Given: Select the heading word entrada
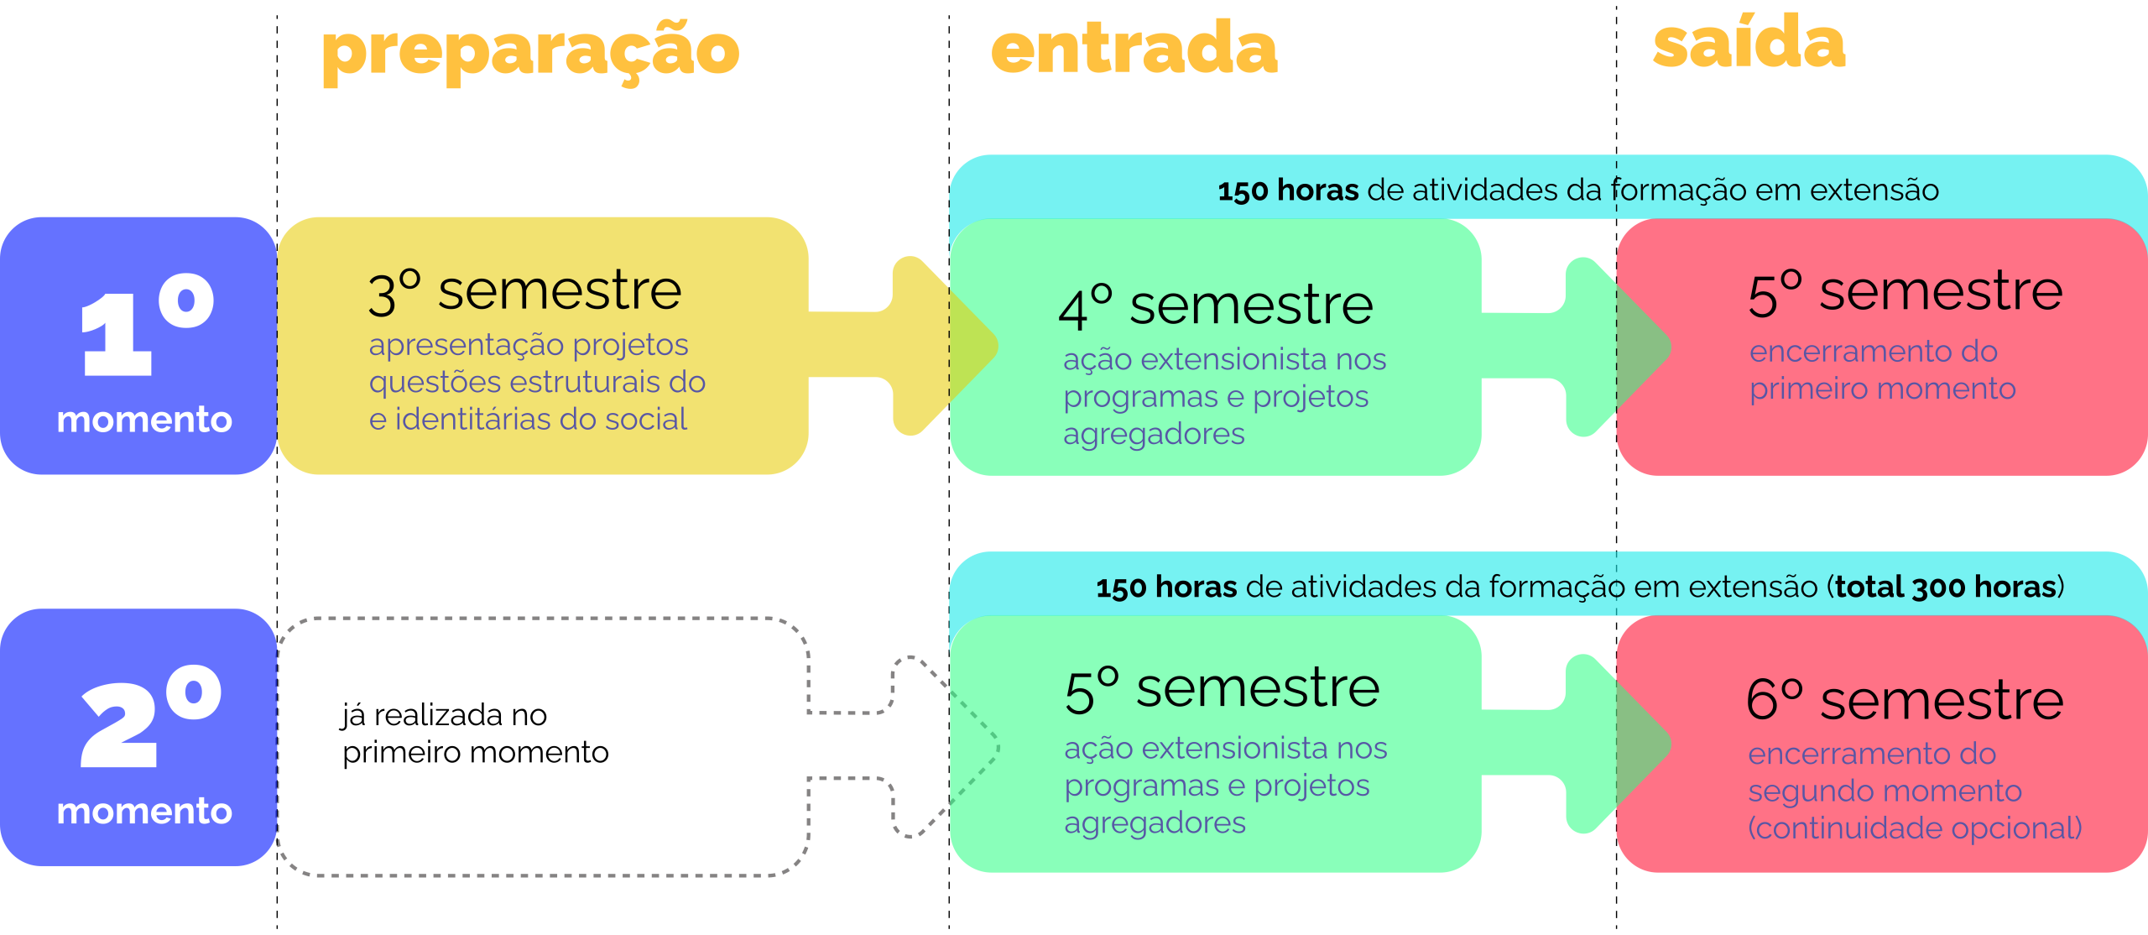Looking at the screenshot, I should pos(1134,48).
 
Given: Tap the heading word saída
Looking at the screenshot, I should pos(1749,44).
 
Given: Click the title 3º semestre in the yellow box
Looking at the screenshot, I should pos(525,292).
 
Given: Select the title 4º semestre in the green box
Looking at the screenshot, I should pos(1216,306).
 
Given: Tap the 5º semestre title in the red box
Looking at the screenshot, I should pos(1905,292).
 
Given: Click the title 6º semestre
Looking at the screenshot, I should pos(1905,701).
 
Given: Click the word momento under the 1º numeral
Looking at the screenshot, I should pos(144,420).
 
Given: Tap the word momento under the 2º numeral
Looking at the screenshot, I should pos(144,812).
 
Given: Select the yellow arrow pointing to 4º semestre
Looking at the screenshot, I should pos(923,346).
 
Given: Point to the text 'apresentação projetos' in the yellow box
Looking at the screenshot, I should pos(529,345).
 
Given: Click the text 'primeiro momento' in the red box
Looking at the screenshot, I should pos(1882,389).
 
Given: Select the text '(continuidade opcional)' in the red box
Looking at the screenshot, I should pos(1915,828).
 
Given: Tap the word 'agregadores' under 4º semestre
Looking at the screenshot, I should pos(1154,434).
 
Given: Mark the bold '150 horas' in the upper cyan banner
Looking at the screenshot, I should pos(1288,191).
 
